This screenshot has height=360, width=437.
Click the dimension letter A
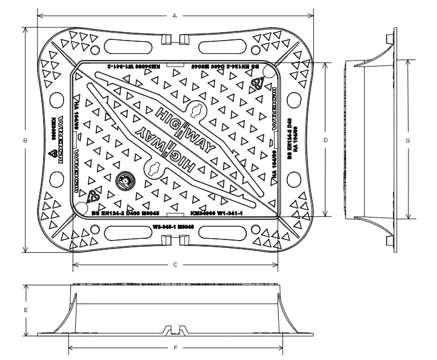pos(175,16)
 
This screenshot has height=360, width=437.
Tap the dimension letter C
pos(175,265)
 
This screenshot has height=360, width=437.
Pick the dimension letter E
pos(25,309)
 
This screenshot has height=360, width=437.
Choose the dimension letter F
pos(175,347)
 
